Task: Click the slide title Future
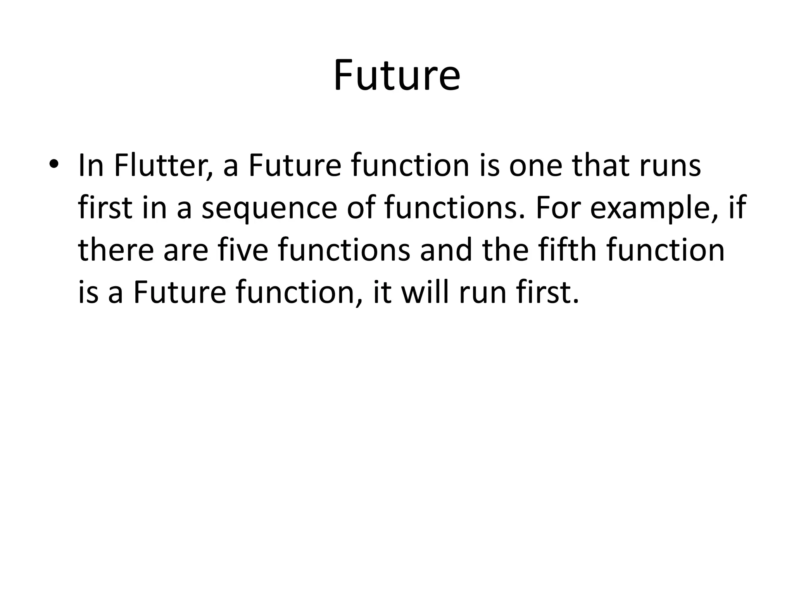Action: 397,76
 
